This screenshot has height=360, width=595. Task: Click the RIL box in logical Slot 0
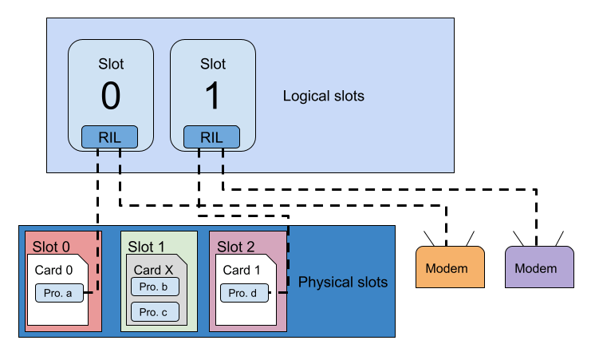point(110,137)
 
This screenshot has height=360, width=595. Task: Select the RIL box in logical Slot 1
point(211,137)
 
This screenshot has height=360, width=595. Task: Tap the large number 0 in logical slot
point(111,97)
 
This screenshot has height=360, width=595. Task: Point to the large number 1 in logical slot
point(212,97)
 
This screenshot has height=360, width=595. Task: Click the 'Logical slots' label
point(323,97)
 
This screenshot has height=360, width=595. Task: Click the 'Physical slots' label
point(342,283)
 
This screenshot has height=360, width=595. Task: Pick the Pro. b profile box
point(154,287)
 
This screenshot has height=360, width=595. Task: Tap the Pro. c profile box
point(154,312)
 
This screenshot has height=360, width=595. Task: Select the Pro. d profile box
point(243,294)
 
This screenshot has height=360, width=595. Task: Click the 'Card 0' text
point(53,270)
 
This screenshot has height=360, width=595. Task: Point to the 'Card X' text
point(152,270)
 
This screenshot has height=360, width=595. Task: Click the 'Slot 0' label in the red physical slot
point(51,246)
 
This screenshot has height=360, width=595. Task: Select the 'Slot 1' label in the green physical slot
point(146,246)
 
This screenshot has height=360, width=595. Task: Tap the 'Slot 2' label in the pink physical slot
point(236,246)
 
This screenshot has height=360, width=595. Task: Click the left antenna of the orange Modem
point(429,239)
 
